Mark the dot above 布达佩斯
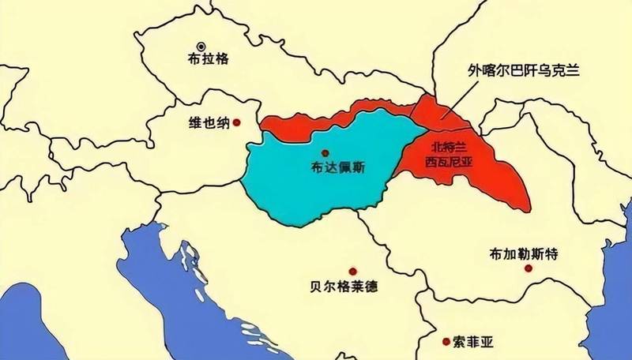pyautogui.click(x=325, y=152)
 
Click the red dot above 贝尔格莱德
pyautogui.click(x=352, y=270)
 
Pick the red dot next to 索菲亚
pyautogui.click(x=447, y=341)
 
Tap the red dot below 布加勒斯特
pyautogui.click(x=529, y=269)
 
